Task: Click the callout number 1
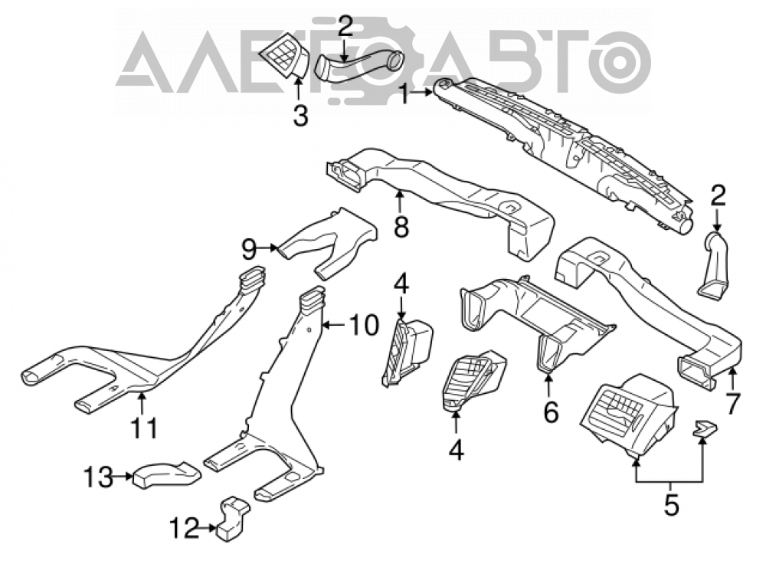pyautogui.click(x=404, y=93)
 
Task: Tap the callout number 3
pyautogui.click(x=300, y=116)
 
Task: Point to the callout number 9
pyautogui.click(x=249, y=249)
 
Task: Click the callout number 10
pyautogui.click(x=363, y=324)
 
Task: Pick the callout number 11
pyautogui.click(x=145, y=428)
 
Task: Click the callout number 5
pyautogui.click(x=672, y=505)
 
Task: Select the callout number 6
pyautogui.click(x=551, y=413)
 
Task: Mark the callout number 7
pyautogui.click(x=732, y=404)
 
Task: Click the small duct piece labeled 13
pyautogui.click(x=166, y=474)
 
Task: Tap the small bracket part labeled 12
pyautogui.click(x=231, y=520)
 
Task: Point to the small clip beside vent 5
pyautogui.click(x=704, y=428)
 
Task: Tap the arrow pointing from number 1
pyautogui.click(x=422, y=92)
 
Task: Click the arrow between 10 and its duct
pyautogui.click(x=336, y=324)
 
